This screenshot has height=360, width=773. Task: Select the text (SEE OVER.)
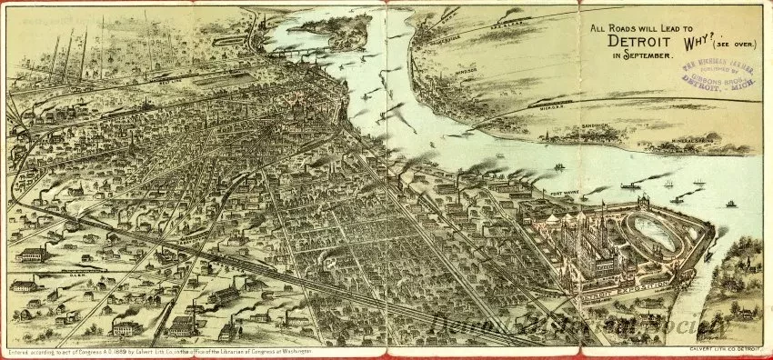click(x=738, y=43)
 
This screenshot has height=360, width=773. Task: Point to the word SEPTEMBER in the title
click(x=654, y=56)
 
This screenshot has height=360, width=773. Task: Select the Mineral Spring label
click(x=693, y=141)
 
